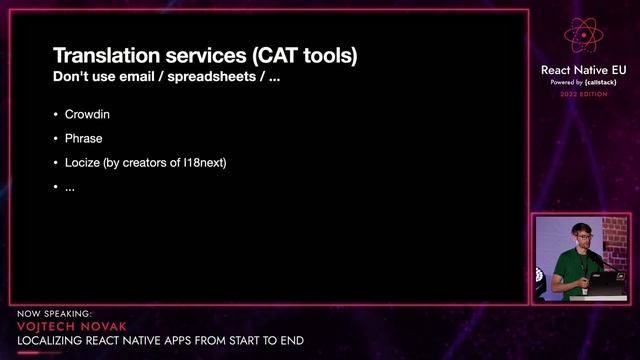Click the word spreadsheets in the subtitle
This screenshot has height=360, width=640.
click(222, 77)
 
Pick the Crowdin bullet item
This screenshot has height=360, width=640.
click(87, 115)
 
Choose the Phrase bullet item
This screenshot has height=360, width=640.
click(83, 139)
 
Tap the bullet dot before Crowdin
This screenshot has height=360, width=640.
click(55, 115)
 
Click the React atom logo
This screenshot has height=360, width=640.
click(583, 35)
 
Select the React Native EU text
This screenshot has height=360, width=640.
click(583, 70)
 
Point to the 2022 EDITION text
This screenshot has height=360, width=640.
click(583, 94)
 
